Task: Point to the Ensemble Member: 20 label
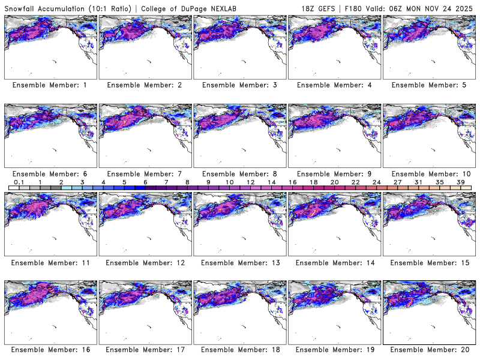[430, 350]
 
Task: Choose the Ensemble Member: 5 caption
[430, 85]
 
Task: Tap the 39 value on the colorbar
[461, 182]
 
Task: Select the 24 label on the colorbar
[377, 182]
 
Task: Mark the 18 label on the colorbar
[314, 182]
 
